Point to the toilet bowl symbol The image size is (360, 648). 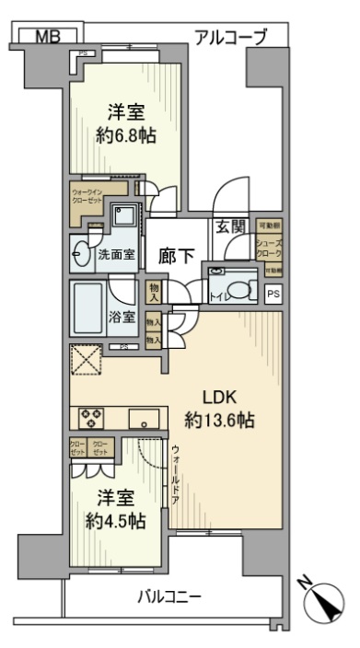coord(241,292)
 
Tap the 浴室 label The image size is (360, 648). coord(123,317)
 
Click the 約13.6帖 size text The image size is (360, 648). coord(219,422)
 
